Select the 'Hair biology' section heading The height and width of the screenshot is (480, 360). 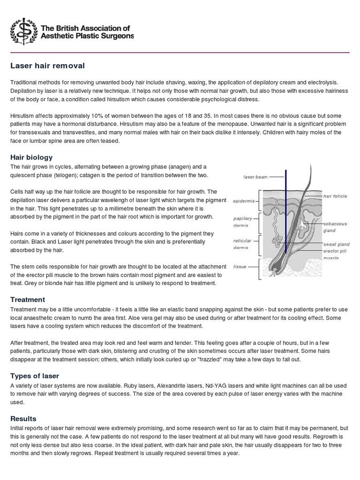tap(31, 157)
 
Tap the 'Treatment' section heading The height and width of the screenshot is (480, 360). tap(28, 299)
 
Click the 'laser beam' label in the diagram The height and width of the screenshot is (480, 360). tap(255, 177)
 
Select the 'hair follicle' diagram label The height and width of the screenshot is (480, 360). tap(335, 195)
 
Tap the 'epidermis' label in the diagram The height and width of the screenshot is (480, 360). tap(244, 201)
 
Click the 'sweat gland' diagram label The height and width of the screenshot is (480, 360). tap(335, 244)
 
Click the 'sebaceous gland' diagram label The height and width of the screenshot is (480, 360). tap(335, 227)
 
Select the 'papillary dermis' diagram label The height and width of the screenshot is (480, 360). tap(243, 221)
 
